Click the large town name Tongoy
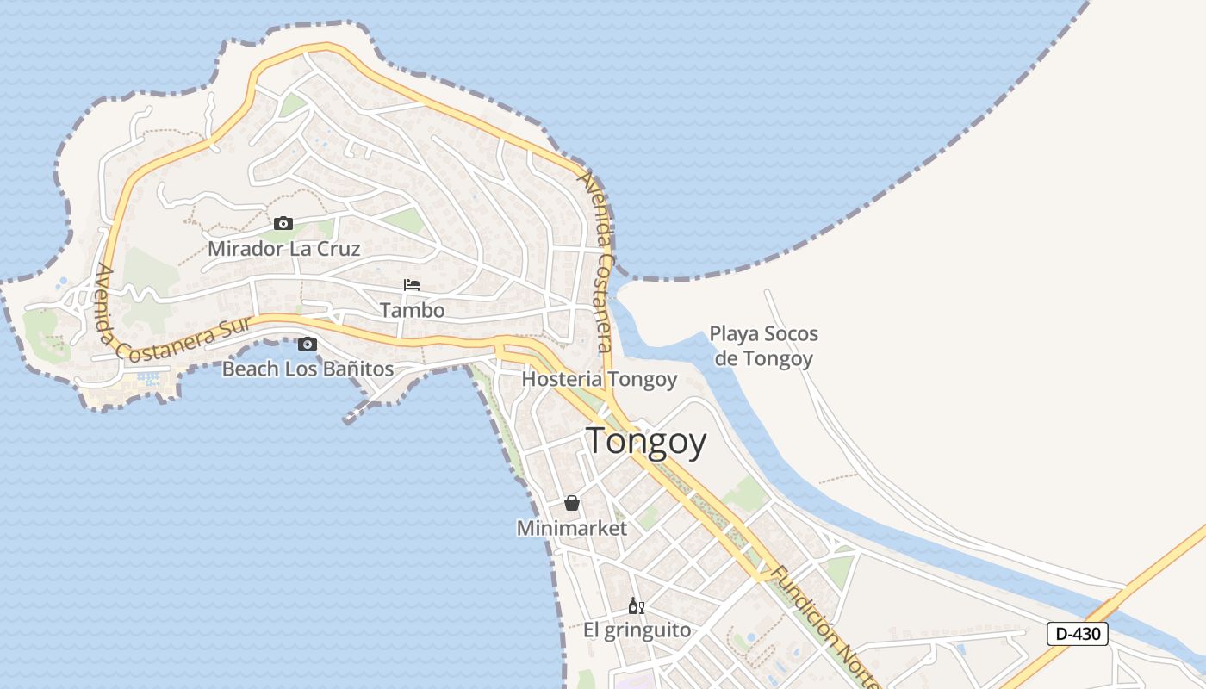point(646,442)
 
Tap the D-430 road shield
point(1078,634)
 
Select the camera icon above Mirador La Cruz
point(283,224)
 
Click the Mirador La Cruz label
point(284,249)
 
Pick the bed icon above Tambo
point(412,285)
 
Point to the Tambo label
point(413,310)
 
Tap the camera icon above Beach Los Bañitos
point(308,344)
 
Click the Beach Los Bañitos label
point(308,369)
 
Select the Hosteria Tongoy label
point(600,379)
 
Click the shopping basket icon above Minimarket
point(571,503)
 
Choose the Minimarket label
point(572,528)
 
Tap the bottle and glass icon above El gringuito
point(637,605)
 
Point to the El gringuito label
point(637,630)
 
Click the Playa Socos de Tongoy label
point(764,345)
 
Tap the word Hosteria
point(562,379)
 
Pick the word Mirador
point(243,249)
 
